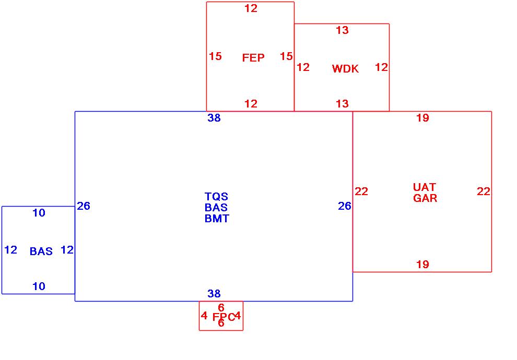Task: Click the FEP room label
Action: coord(253,58)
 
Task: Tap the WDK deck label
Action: coord(345,69)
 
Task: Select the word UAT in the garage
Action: coord(424,187)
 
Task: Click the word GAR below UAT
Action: coord(425,198)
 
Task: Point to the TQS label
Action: coord(216,197)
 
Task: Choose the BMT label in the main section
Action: coord(217,219)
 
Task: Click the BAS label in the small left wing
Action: coord(41,251)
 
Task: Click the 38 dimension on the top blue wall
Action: coord(214,118)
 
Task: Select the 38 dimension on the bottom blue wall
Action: coord(214,294)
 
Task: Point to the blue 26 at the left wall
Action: coord(84,206)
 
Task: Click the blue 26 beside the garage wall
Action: coord(345,206)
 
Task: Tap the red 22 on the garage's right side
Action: coord(484,191)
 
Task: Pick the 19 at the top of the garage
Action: coord(422,118)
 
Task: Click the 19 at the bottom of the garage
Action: coord(422,265)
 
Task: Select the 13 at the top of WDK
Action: coord(342,30)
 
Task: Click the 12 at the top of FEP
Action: coord(251,8)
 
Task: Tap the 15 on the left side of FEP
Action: coord(215,56)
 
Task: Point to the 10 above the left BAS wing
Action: coord(39,213)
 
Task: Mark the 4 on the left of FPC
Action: coord(204,316)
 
